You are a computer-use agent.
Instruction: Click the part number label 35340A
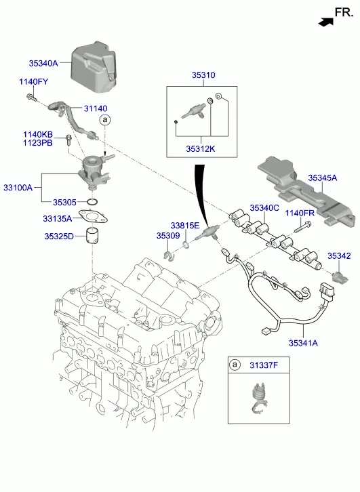point(43,64)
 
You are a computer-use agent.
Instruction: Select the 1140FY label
point(34,82)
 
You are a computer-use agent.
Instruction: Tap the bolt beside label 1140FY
point(31,98)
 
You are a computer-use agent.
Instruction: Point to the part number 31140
point(96,108)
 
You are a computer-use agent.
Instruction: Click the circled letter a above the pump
point(105,119)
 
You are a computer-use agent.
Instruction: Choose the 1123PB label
point(38,143)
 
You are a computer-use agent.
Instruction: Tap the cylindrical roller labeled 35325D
point(92,236)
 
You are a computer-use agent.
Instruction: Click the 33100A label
point(18,188)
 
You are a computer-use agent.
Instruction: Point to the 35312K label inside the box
point(201,148)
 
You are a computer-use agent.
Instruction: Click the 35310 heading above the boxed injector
point(203,75)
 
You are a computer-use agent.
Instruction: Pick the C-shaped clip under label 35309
point(169,256)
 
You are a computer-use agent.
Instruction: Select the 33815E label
point(185,226)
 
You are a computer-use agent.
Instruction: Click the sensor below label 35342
point(340,276)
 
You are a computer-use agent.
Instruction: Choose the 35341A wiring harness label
point(303,343)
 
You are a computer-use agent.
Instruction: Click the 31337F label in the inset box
point(264,365)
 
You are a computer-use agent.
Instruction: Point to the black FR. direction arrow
point(326,22)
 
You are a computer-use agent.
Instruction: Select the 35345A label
point(322,178)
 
